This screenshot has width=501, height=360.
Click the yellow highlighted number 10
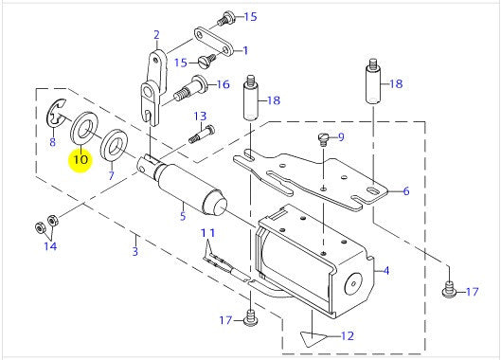[x=81, y=159]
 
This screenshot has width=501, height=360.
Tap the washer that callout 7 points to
[x=114, y=146]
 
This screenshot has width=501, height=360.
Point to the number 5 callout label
[x=183, y=215]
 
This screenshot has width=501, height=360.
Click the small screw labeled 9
[x=322, y=139]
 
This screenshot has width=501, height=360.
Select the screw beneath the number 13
[x=202, y=134]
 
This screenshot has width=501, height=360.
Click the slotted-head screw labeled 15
[x=206, y=61]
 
